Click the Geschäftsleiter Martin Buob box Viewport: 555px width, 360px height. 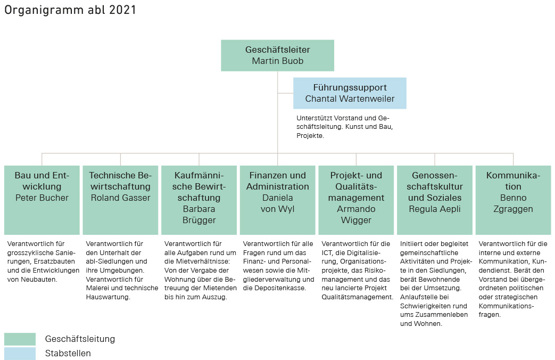tap(278, 55)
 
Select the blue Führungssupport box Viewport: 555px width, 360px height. tap(350, 93)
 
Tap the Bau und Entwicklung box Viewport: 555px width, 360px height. tap(42, 200)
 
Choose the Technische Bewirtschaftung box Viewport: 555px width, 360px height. tap(120, 200)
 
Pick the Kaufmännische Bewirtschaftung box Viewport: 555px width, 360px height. tap(199, 200)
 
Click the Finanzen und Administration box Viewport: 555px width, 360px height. tap(278, 200)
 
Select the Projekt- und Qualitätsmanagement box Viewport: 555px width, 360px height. tap(356, 200)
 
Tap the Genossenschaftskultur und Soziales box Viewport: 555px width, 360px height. tap(435, 200)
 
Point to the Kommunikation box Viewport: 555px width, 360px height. tap(513, 200)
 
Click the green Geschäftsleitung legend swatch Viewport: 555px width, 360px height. tap(20, 339)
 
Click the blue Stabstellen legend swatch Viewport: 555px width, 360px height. tap(20, 354)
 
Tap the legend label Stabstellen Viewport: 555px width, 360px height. tap(68, 353)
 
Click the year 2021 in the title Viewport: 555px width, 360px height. tap(122, 10)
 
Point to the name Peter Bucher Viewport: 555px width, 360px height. tap(42, 198)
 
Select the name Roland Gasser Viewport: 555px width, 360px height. tap(120, 198)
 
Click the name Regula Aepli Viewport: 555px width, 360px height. tap(435, 209)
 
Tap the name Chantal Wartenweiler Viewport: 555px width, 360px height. tap(350, 99)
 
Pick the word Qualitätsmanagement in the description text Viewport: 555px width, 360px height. tap(357, 297)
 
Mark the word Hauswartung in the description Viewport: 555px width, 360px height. tap(108, 297)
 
